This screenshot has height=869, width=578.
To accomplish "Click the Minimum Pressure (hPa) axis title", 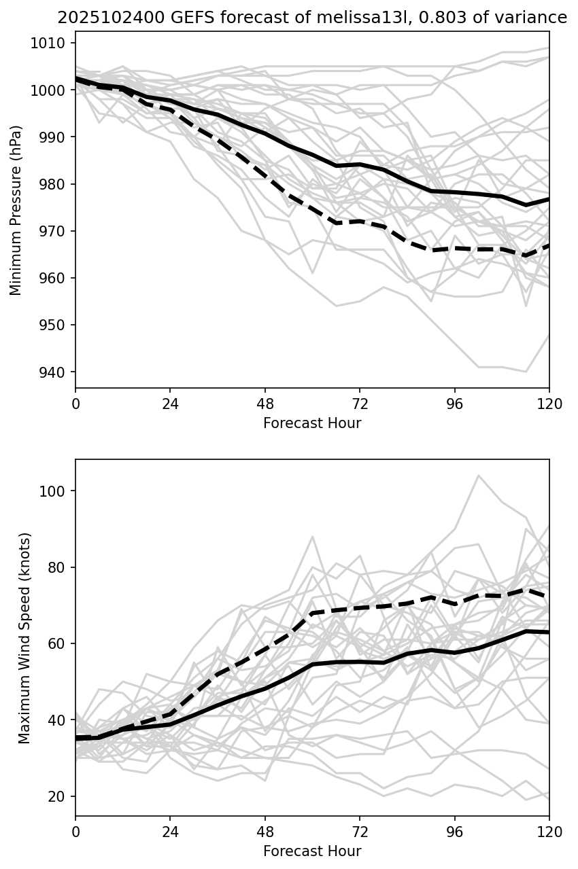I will point(16,210).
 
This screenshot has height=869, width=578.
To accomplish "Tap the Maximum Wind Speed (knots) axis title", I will point(24,637).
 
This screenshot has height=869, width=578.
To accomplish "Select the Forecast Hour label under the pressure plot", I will point(312,423).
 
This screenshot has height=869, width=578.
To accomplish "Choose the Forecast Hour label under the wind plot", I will point(312,851).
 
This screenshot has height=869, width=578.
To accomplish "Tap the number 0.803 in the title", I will point(394,18).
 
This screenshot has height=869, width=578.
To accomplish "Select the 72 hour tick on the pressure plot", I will point(360,404).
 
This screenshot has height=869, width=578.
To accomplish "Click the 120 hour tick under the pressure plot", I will point(549,404).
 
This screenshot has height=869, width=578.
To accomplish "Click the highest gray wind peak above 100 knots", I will point(478,476).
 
